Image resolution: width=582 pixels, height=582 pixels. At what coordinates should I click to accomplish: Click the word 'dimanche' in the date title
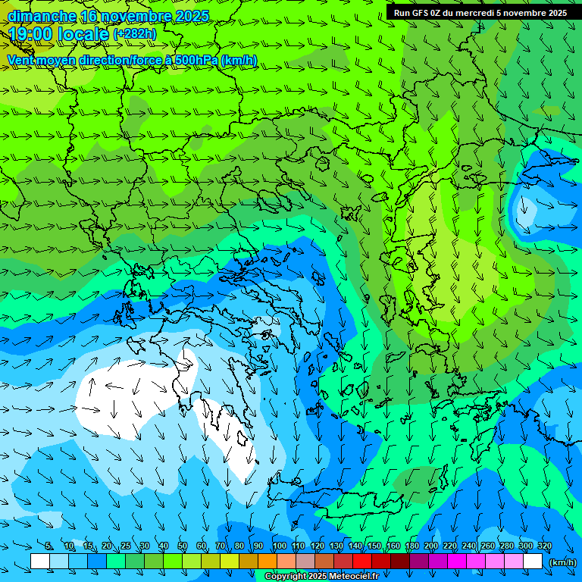pyautogui.click(x=42, y=17)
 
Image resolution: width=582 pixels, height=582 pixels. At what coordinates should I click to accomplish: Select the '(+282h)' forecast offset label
pyautogui.click(x=134, y=34)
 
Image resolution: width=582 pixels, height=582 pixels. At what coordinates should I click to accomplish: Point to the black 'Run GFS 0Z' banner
pyautogui.click(x=480, y=13)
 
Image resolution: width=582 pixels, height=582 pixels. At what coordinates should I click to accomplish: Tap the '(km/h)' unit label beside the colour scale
pyautogui.click(x=562, y=562)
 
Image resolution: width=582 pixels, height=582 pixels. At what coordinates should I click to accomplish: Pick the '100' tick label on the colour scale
pyautogui.click(x=279, y=546)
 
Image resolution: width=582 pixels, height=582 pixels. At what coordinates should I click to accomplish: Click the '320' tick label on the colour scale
pyautogui.click(x=544, y=546)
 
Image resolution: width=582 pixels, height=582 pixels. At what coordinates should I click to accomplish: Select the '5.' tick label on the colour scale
pyautogui.click(x=49, y=546)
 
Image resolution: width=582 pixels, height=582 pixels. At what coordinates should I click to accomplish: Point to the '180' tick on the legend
pyautogui.click(x=411, y=546)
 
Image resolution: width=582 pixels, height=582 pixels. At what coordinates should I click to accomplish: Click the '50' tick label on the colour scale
pyautogui.click(x=183, y=546)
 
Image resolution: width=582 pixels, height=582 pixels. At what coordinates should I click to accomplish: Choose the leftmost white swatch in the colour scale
pyautogui.click(x=40, y=562)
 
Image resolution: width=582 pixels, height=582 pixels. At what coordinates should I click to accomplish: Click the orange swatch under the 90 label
pyautogui.click(x=268, y=562)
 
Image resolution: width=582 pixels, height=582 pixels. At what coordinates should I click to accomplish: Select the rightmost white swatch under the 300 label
pyautogui.click(x=533, y=562)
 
